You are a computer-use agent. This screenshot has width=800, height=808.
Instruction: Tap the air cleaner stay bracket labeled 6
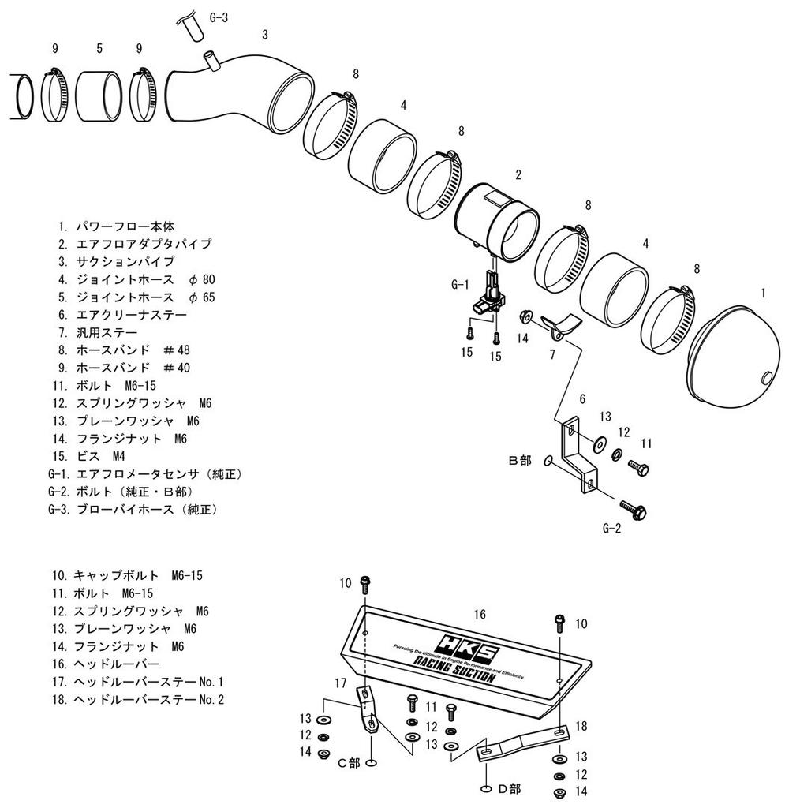coord(576,458)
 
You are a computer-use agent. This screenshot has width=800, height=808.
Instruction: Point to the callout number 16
coord(479,614)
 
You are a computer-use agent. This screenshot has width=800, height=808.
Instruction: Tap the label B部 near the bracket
coord(520,459)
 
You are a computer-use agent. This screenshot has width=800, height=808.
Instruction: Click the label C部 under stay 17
coord(348,763)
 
